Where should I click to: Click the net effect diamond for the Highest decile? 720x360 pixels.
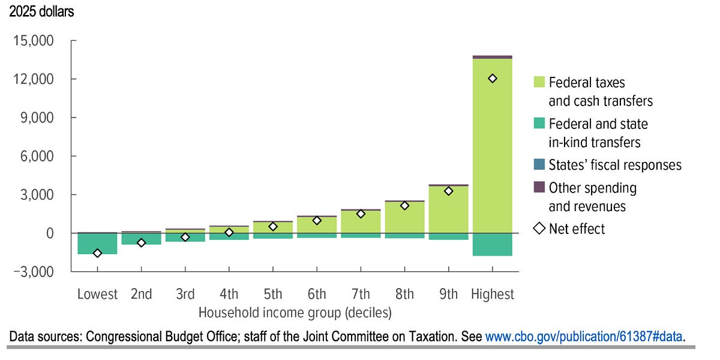point(493,79)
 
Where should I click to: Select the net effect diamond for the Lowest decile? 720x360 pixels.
point(97,253)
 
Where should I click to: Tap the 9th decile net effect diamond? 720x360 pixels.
point(448,191)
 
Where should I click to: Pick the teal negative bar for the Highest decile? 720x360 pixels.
point(493,244)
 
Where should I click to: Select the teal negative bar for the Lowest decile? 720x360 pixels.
point(97,244)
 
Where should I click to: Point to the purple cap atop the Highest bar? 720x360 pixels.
point(493,57)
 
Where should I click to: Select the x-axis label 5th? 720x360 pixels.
point(272,294)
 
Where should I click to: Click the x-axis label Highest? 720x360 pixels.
point(493,294)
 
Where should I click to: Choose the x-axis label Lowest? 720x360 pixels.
point(97,294)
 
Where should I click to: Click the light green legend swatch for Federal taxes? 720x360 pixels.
point(538,82)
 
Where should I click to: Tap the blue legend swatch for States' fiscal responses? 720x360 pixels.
point(538,164)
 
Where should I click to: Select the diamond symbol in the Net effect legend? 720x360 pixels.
point(538,229)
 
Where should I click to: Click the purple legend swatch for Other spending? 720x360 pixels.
point(538,187)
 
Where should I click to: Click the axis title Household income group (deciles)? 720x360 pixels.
point(295,313)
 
